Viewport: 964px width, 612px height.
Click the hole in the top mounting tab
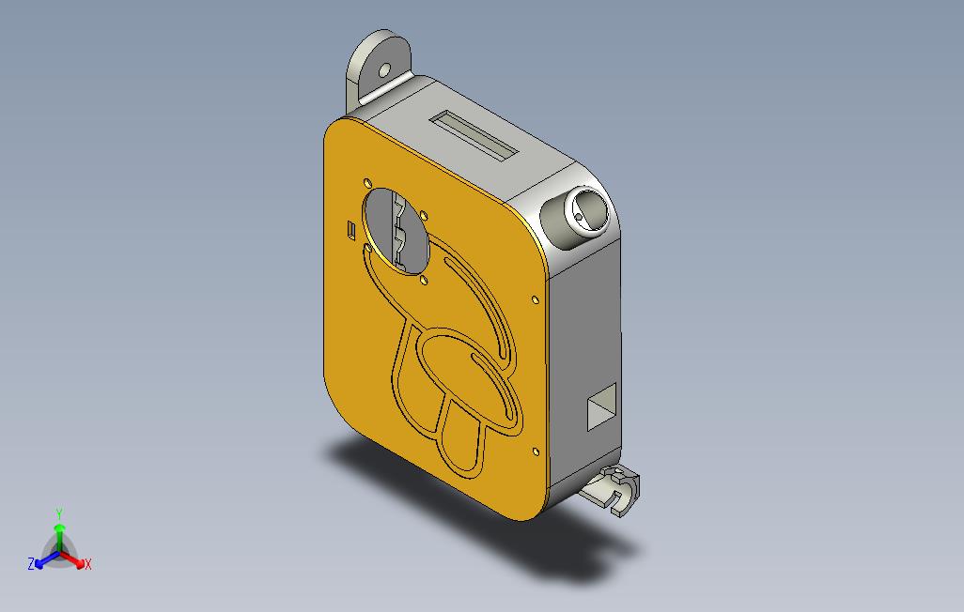coord(384,70)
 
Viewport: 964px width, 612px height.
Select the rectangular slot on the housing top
coord(474,136)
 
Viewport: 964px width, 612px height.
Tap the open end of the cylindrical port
coord(588,212)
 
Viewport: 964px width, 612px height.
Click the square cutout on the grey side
coord(601,406)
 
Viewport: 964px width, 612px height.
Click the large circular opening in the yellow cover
coord(396,231)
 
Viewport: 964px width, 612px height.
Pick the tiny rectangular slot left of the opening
coord(351,229)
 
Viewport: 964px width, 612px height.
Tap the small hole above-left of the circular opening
coord(367,183)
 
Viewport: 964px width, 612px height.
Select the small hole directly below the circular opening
coord(424,281)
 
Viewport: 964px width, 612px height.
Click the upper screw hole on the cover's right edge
coord(535,299)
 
